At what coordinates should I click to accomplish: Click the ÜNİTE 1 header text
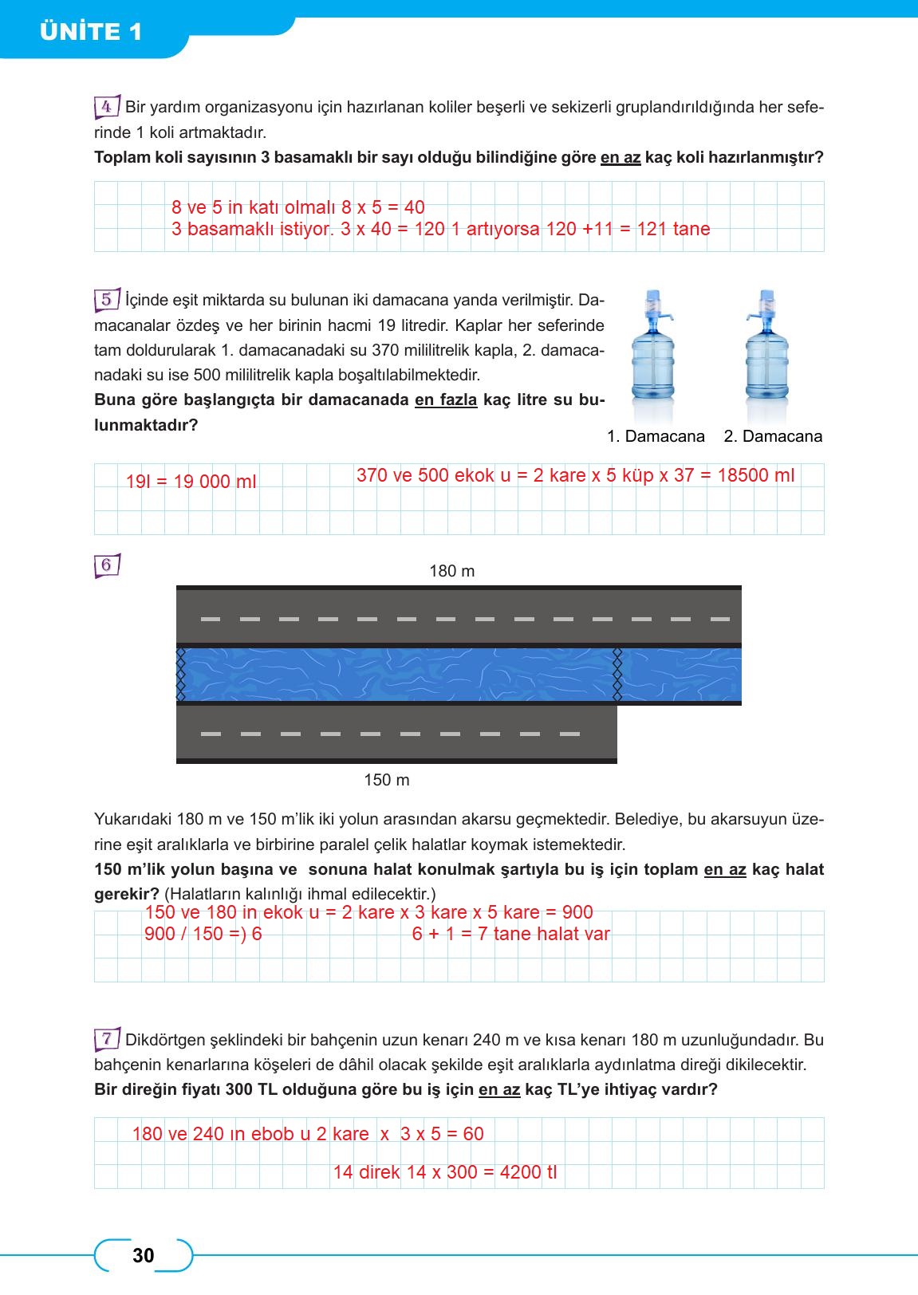(x=90, y=31)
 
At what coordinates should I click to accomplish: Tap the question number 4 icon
(x=107, y=107)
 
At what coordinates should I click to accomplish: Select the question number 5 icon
(x=107, y=300)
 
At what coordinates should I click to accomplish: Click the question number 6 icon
(x=107, y=565)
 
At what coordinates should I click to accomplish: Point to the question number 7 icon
(x=107, y=1039)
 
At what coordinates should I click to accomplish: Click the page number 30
(x=144, y=1255)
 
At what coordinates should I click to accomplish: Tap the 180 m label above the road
(x=451, y=571)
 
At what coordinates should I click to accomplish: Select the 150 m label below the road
(x=387, y=780)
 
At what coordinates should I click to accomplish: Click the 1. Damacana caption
(x=656, y=436)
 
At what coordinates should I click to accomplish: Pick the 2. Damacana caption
(x=772, y=436)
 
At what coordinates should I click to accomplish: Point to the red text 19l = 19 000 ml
(x=191, y=482)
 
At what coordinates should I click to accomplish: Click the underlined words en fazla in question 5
(x=446, y=400)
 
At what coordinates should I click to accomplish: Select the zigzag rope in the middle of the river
(x=616, y=675)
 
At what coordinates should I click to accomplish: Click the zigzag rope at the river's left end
(x=180, y=675)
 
